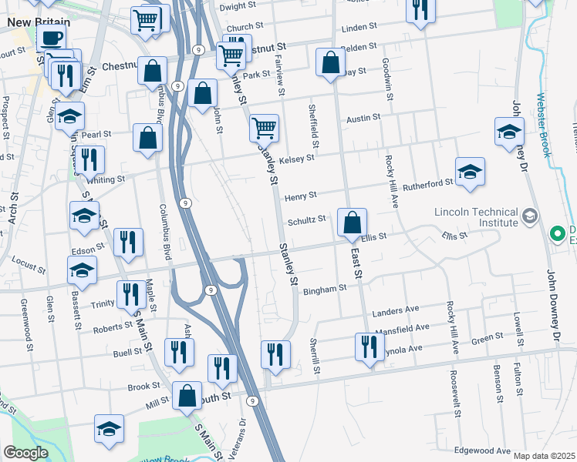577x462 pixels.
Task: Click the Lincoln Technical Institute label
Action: tap(475, 218)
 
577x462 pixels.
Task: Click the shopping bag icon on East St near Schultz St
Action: tap(352, 223)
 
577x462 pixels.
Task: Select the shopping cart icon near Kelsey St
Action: tap(264, 127)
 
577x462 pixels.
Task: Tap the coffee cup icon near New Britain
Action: tap(52, 38)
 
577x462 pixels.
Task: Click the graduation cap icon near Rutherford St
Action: tap(470, 172)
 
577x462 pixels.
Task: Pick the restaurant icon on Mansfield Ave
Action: tap(366, 346)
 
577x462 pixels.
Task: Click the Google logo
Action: tap(25, 453)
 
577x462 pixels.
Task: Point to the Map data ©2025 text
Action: tap(545, 456)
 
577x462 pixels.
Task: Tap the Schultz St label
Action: tap(307, 219)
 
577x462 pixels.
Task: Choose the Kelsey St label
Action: tap(298, 158)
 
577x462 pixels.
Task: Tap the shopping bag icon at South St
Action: tap(187, 396)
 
